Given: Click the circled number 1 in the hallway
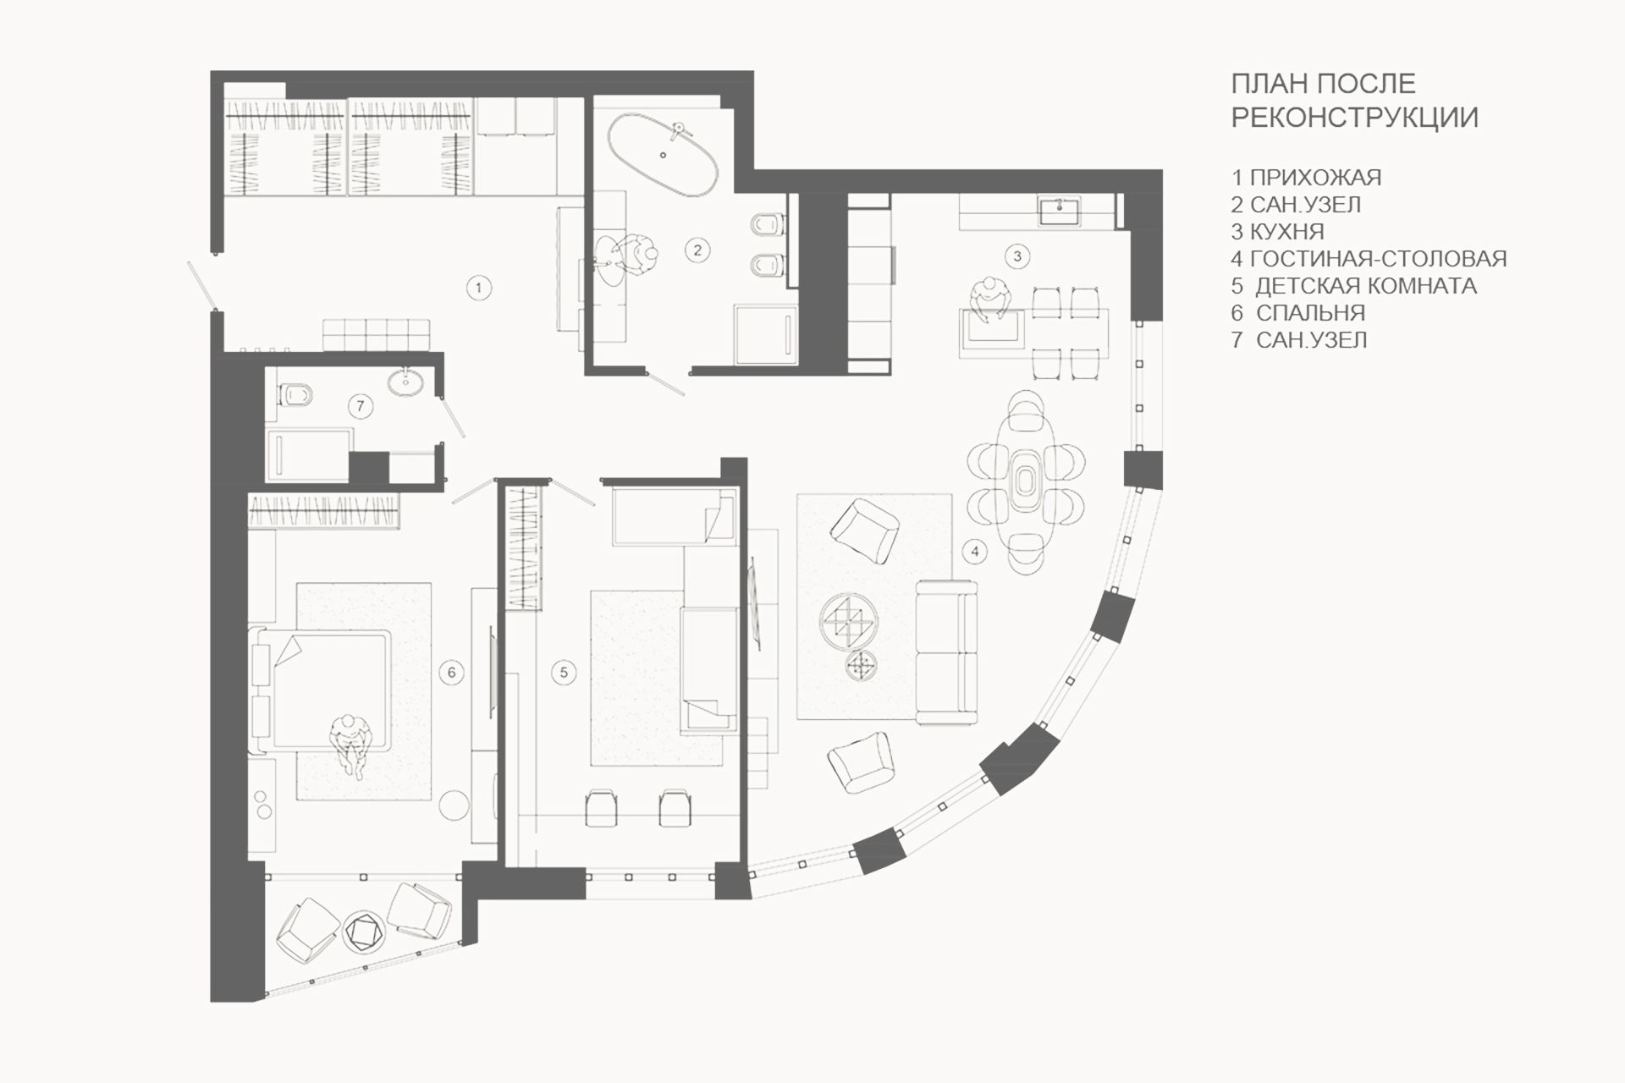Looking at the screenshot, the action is (478, 288).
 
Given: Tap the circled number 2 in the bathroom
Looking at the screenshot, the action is (697, 250).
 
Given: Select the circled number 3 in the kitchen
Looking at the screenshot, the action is (1017, 256).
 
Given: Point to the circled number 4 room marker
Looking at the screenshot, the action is (975, 552).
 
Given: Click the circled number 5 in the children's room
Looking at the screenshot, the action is (564, 673).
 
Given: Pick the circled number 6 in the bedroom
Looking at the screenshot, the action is (451, 673).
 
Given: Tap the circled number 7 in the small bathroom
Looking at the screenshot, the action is (360, 406).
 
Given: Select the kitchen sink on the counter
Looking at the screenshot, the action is (1058, 212).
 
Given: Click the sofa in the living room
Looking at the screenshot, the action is (946, 652).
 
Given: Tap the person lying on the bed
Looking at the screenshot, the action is (350, 742).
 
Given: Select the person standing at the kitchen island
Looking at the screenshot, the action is (990, 301).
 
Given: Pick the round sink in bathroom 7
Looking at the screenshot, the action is (405, 382).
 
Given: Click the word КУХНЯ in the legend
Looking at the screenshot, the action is (1286, 231).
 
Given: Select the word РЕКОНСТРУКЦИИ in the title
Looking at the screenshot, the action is (1354, 118).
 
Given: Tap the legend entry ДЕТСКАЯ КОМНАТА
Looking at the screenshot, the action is (1366, 285).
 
